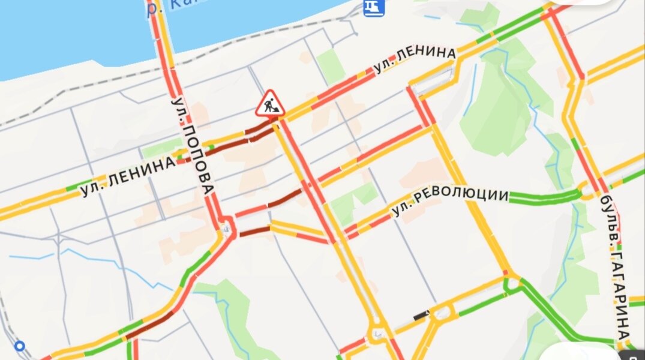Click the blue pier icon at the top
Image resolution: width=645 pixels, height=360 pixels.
[374, 8]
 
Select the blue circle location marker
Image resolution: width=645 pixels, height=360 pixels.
[19, 346]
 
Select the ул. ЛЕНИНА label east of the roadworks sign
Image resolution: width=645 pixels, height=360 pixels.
[414, 59]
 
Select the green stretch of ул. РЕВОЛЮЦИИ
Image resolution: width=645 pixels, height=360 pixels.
[543, 197]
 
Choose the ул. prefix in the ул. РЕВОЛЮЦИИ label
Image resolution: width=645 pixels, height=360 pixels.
[400, 211]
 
